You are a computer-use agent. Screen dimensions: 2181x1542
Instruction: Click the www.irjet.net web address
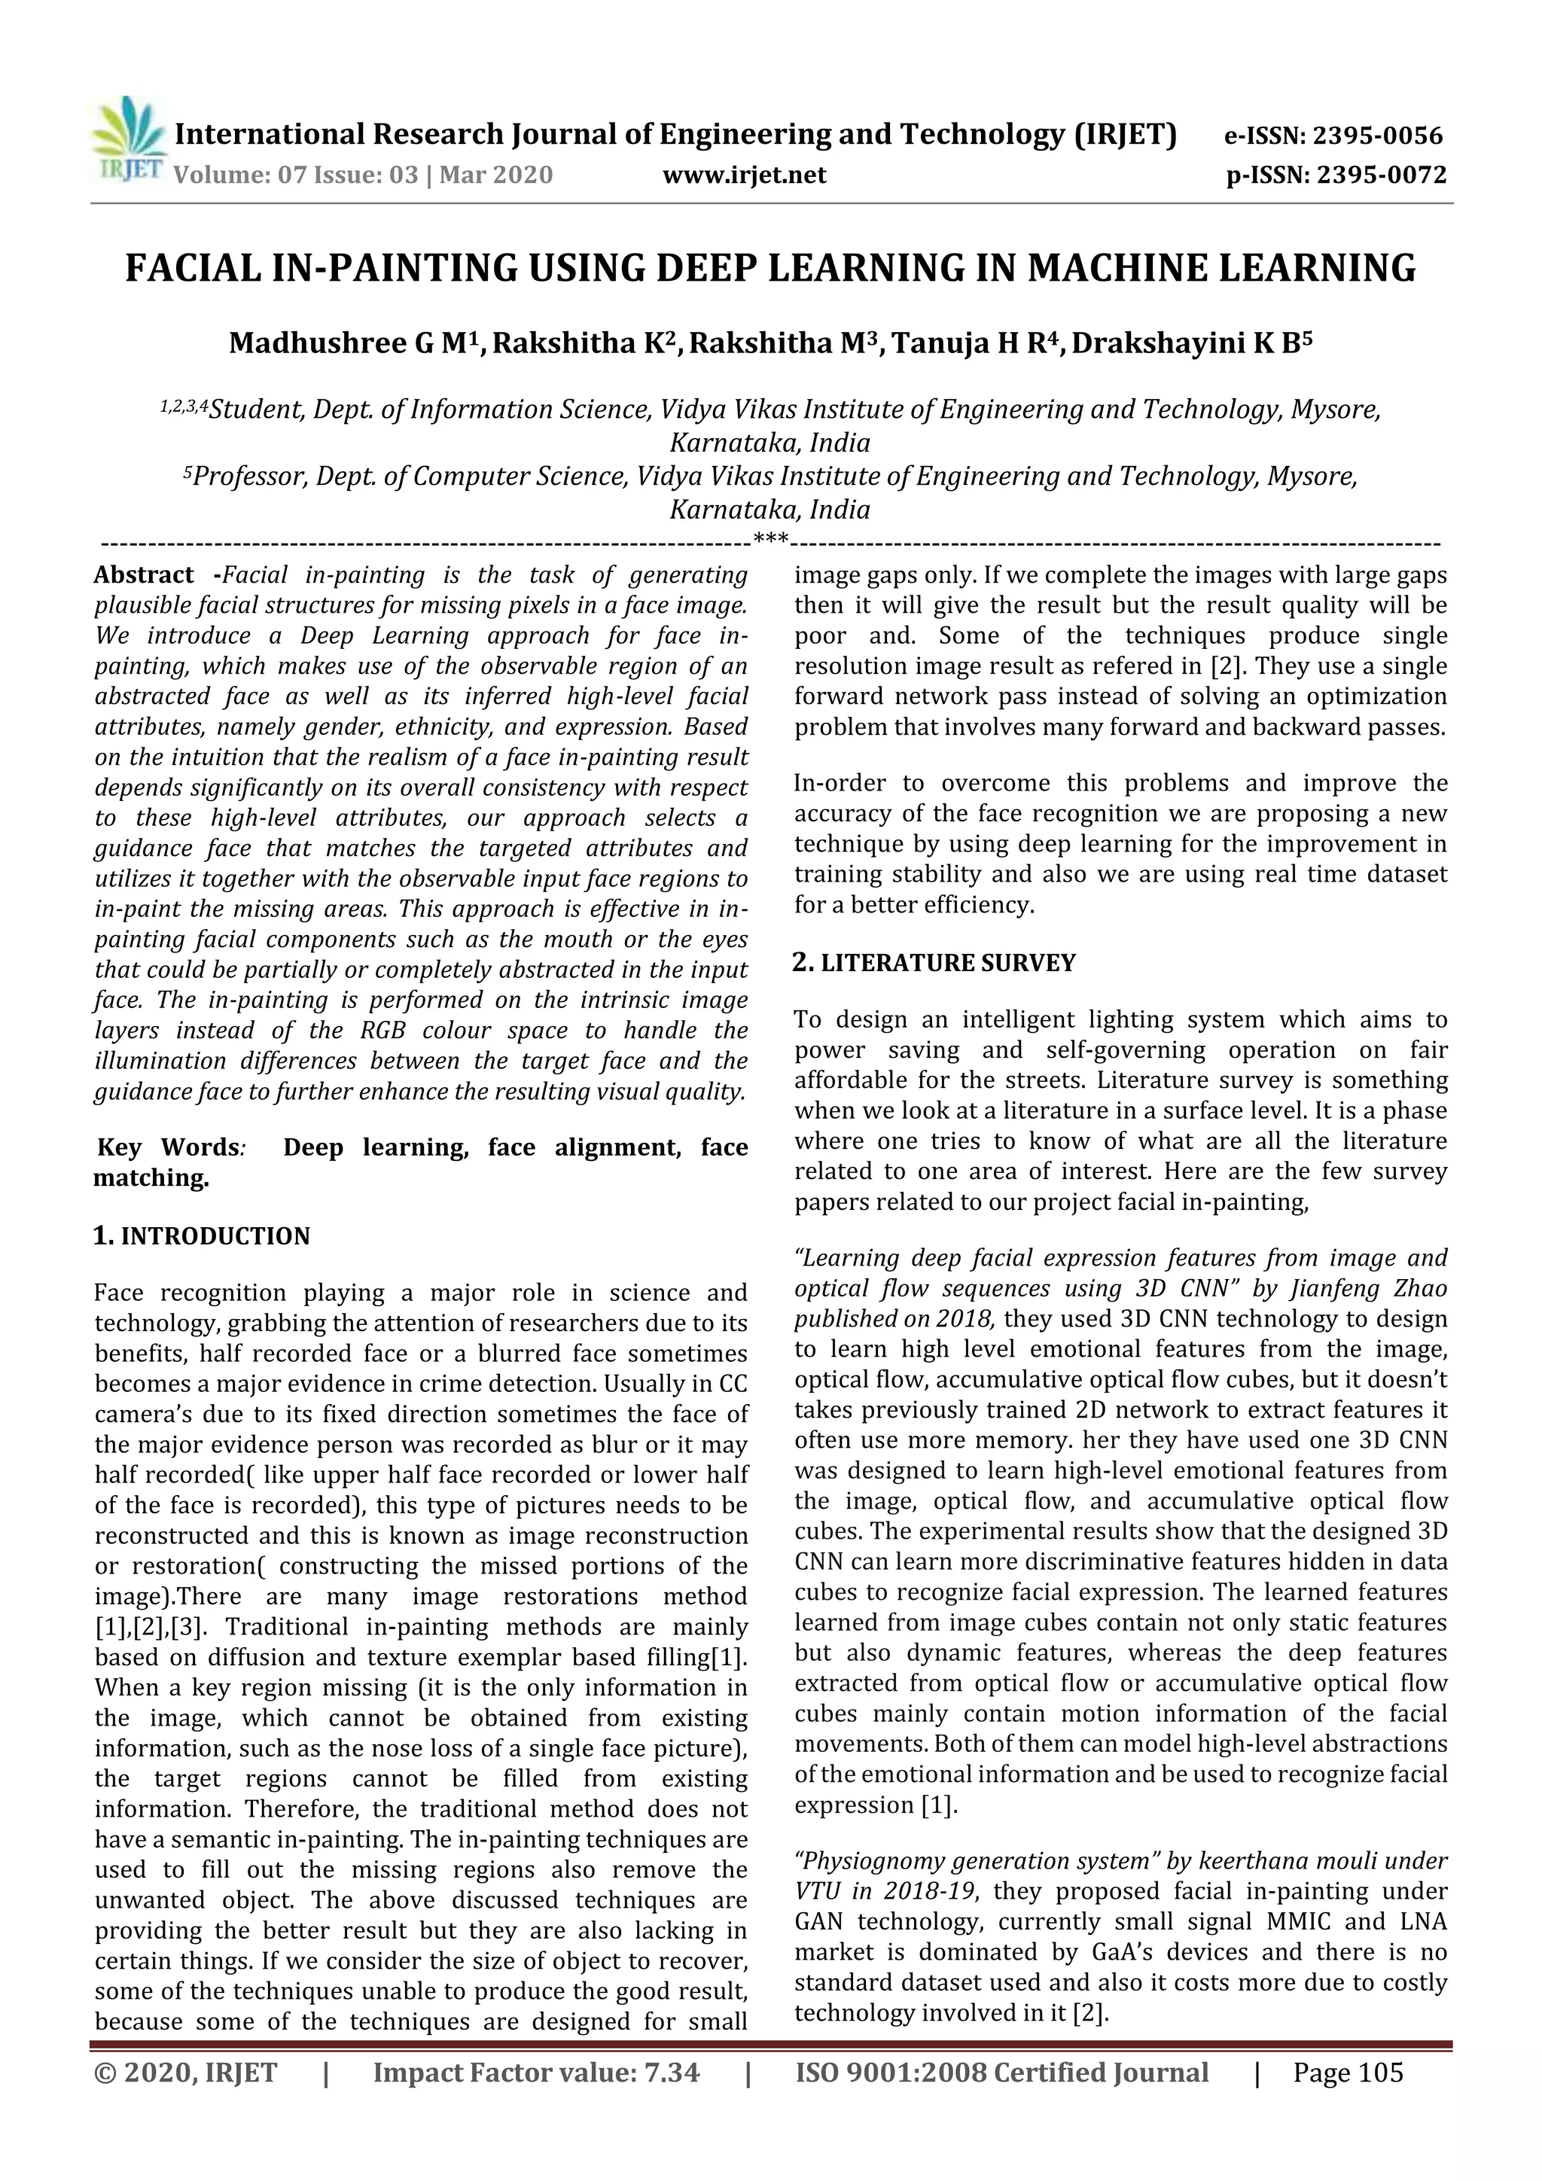(x=744, y=175)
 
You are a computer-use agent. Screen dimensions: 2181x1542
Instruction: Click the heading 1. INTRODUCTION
(x=202, y=1236)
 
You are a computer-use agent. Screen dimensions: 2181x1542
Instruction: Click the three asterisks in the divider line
(x=769, y=541)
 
